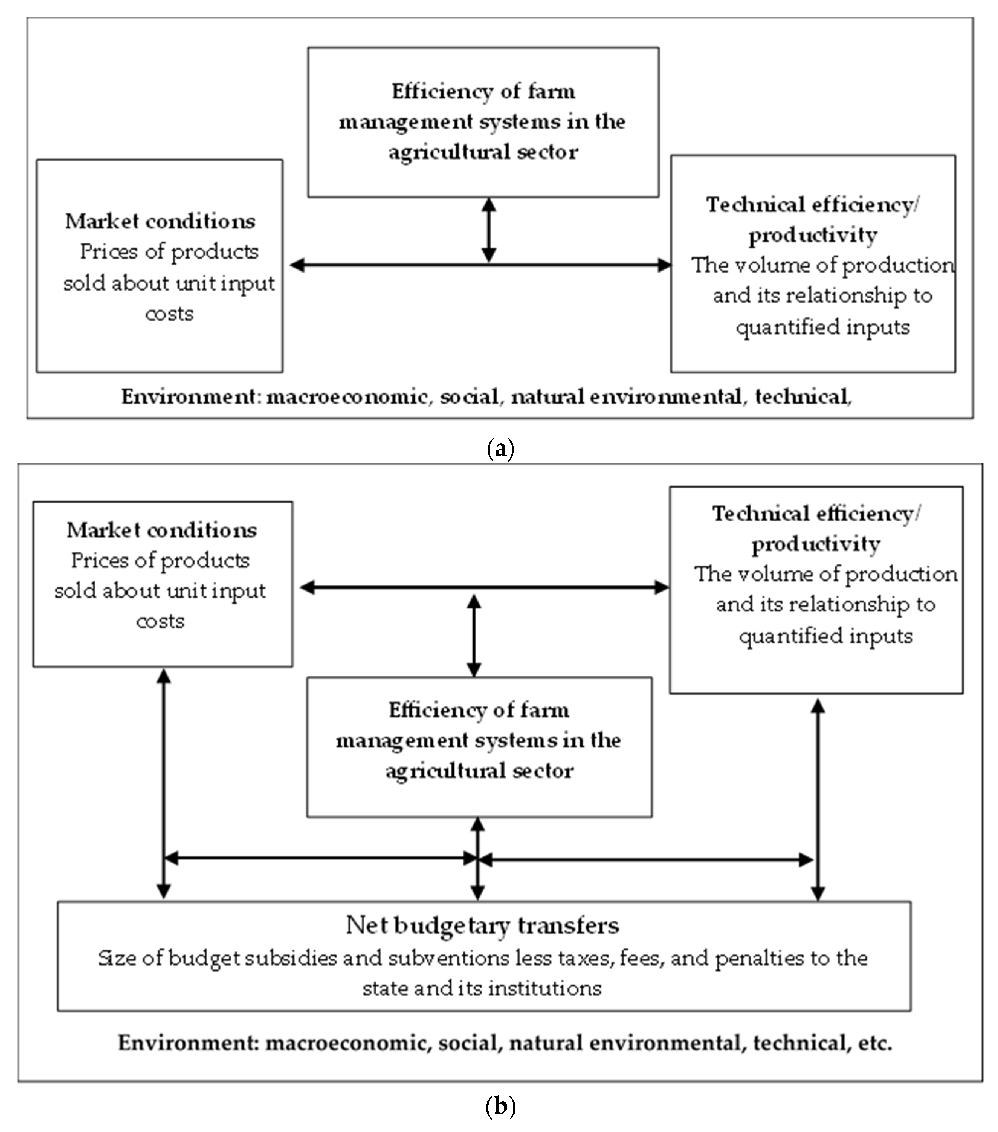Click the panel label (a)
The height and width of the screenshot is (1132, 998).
click(500, 448)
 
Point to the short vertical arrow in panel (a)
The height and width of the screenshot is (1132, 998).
click(489, 230)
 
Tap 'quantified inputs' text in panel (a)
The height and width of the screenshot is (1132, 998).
click(822, 327)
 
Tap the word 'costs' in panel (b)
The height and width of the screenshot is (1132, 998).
click(160, 621)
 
